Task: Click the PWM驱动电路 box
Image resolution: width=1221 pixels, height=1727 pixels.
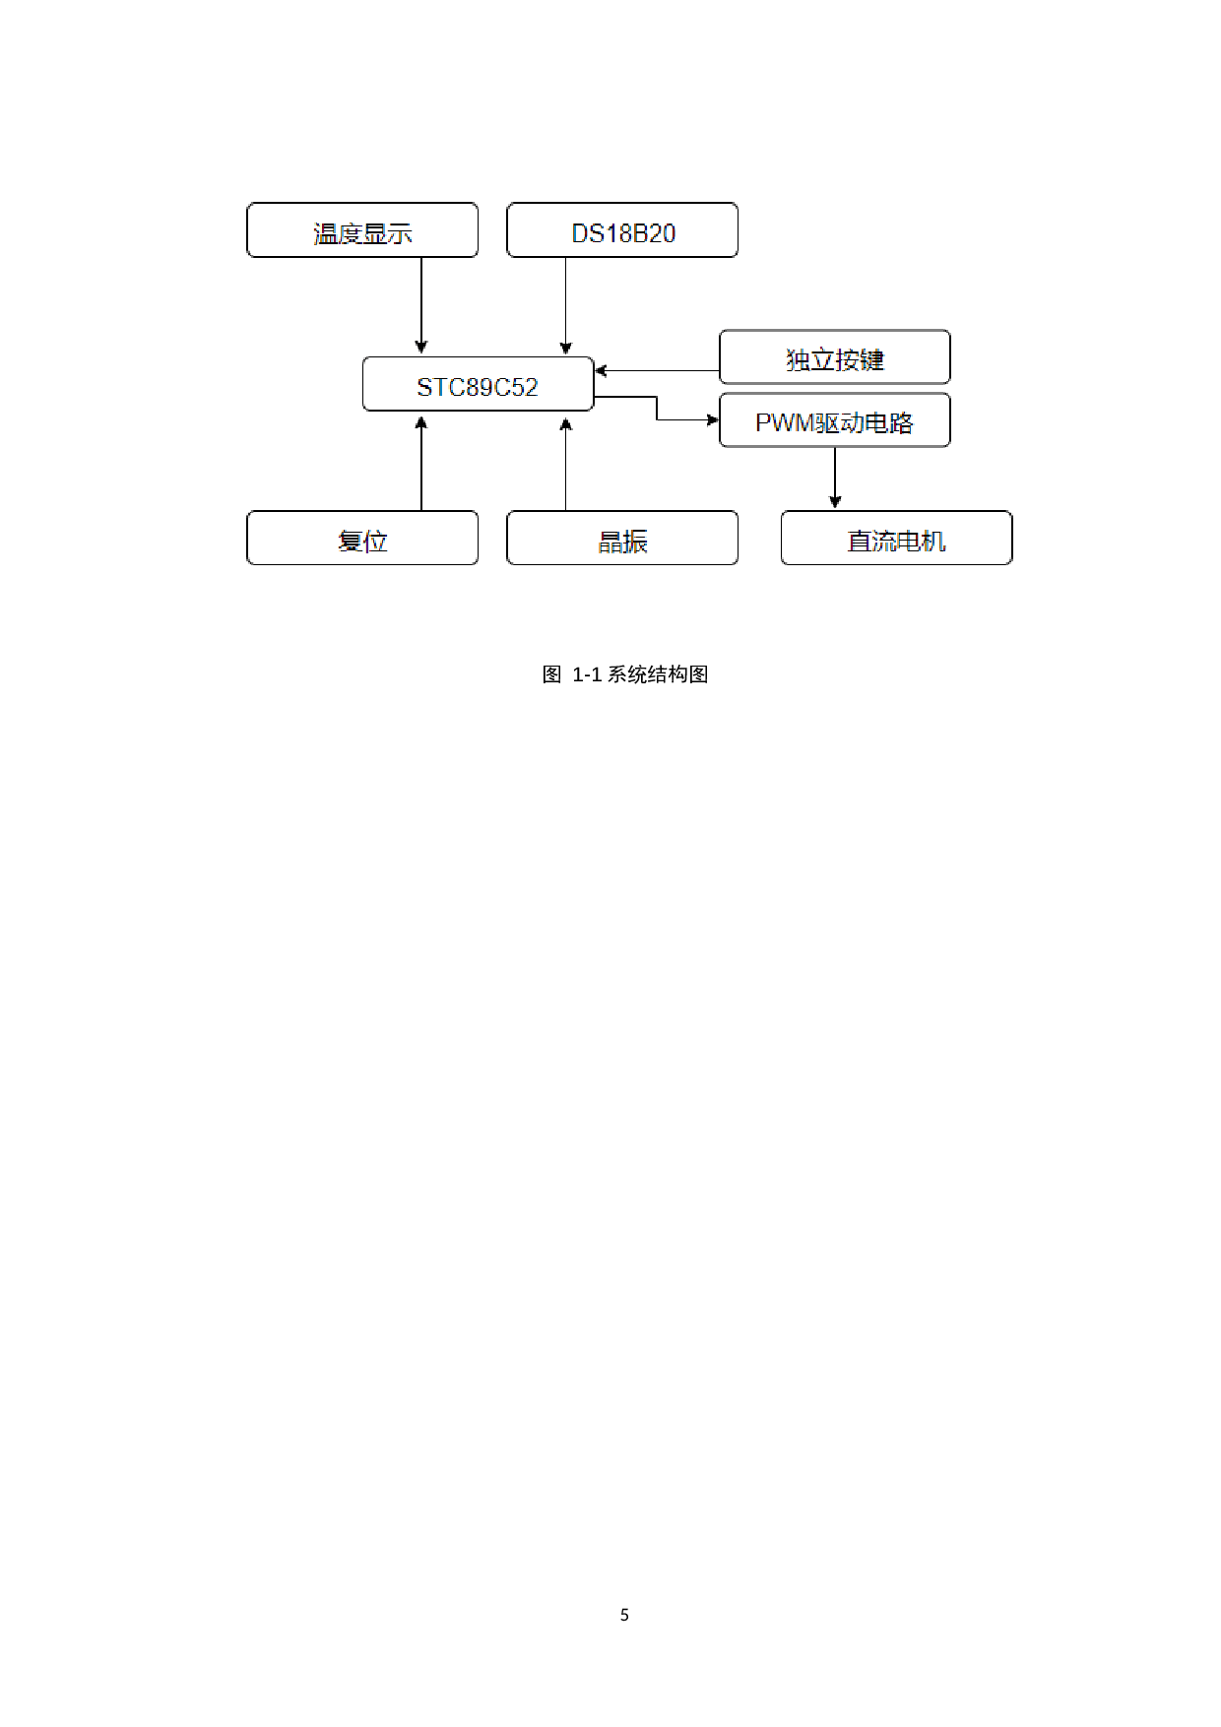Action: tap(834, 421)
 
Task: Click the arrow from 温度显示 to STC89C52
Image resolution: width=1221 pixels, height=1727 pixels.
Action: tap(421, 305)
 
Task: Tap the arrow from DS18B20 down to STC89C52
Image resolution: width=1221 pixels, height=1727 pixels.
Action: tap(566, 305)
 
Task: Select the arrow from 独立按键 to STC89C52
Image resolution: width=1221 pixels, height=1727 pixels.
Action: tap(658, 371)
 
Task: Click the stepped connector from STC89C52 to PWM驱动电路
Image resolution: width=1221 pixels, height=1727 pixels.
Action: tap(657, 408)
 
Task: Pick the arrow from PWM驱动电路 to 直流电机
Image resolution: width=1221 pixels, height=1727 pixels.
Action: tap(835, 479)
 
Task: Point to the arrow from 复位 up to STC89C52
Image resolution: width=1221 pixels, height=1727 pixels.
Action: tap(421, 464)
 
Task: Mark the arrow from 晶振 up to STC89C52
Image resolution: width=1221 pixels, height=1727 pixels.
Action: tap(566, 464)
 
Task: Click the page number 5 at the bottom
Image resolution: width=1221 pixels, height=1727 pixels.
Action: tap(624, 1614)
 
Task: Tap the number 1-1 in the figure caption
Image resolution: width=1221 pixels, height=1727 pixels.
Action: tap(587, 674)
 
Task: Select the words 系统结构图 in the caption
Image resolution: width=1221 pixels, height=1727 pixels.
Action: tap(658, 674)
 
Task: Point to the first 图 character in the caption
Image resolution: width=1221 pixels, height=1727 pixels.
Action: tap(551, 674)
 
